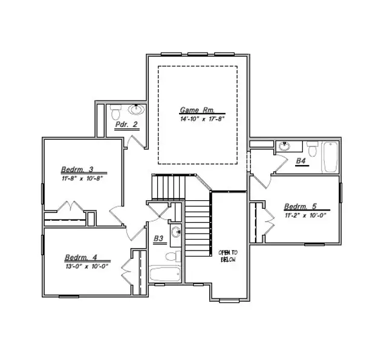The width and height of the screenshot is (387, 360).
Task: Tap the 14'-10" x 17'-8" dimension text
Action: click(202, 119)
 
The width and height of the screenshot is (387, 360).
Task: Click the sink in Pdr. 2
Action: click(138, 110)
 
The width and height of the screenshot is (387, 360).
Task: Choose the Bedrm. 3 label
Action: click(76, 169)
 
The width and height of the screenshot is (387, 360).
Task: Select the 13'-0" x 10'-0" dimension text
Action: click(86, 266)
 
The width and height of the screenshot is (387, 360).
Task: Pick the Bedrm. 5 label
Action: click(300, 206)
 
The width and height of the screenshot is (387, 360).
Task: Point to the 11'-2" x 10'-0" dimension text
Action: click(305, 215)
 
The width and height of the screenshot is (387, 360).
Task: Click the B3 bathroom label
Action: click(158, 239)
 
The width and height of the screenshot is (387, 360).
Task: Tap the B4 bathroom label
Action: click(301, 161)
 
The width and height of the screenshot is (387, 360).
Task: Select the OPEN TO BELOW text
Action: click(228, 255)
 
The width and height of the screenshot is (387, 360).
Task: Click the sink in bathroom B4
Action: click(284, 146)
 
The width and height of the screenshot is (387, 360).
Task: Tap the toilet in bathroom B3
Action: click(172, 256)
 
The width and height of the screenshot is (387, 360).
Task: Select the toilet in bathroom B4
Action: click(312, 148)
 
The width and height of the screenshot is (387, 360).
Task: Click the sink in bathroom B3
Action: click(175, 232)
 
